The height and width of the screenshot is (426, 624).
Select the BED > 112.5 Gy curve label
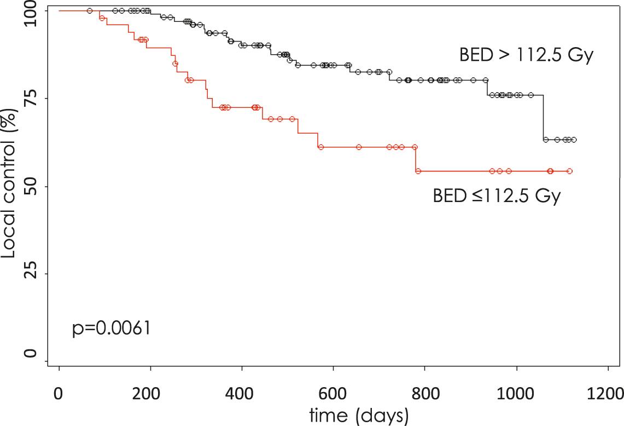click(526, 56)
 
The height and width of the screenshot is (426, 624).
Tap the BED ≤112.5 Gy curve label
click(497, 196)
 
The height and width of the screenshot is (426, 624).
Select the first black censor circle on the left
click(90, 11)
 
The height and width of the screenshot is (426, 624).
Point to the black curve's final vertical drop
click(544, 118)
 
